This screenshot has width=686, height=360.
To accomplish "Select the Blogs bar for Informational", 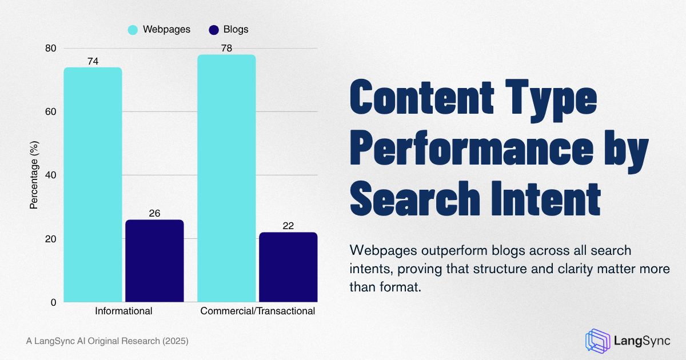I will pos(154,261).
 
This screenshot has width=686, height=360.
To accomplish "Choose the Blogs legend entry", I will pos(229,29).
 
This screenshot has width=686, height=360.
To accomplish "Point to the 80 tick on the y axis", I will pos(51,48).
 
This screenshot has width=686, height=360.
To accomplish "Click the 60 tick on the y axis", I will pos(51,111).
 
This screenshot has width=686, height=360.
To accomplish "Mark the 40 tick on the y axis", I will pos(51,175).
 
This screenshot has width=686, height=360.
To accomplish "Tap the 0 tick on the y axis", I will pos(53,302).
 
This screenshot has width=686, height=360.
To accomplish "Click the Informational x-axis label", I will pos(123,311).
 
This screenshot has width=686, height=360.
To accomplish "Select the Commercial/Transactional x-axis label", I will pos(257,311).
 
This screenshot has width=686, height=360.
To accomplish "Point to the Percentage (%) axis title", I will pos(34,175).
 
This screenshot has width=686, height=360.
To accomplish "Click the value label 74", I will pos(93,61).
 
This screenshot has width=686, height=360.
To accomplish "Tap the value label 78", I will pos(226,49).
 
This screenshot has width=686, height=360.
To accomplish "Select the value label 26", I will pos(154,213).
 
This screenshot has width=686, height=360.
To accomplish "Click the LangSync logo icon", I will pos(597,340).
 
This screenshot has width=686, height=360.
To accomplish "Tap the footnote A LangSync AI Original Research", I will pos(107,341).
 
